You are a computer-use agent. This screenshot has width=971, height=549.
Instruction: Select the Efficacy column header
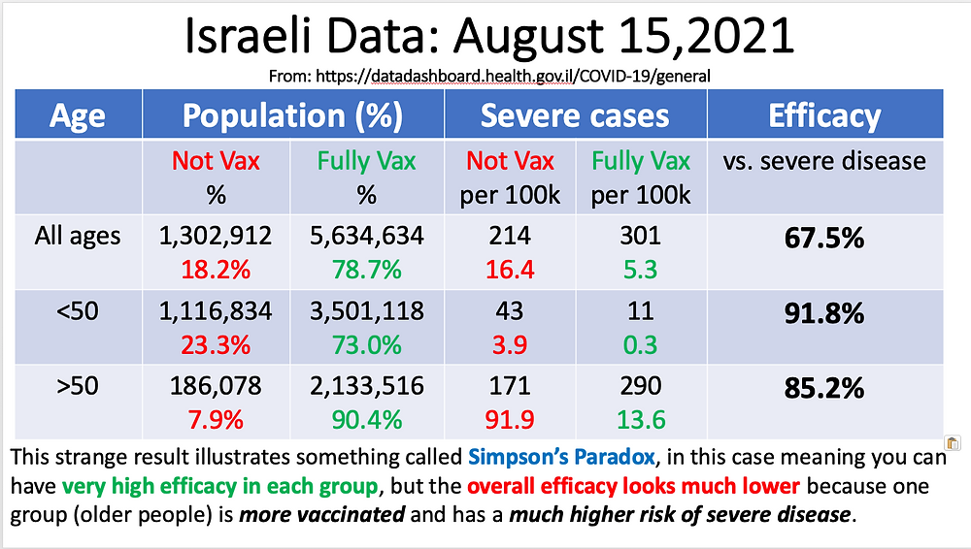pyautogui.click(x=824, y=116)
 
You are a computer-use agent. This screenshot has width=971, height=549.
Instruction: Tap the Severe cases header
pyautogui.click(x=575, y=116)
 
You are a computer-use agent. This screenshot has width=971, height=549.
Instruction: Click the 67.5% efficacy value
pyautogui.click(x=824, y=238)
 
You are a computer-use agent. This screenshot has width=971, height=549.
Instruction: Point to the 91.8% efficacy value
pyautogui.click(x=824, y=314)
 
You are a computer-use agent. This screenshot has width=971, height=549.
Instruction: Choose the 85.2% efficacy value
pyautogui.click(x=824, y=389)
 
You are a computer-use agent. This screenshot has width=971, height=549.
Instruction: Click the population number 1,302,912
pyautogui.click(x=215, y=235)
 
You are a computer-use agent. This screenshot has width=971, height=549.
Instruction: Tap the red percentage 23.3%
pyautogui.click(x=215, y=343)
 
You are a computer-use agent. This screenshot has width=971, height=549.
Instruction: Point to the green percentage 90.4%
pyautogui.click(x=366, y=419)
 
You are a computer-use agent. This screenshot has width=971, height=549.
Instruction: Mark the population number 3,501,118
pyautogui.click(x=366, y=310)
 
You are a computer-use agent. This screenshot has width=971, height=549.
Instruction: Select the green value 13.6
pyautogui.click(x=641, y=419)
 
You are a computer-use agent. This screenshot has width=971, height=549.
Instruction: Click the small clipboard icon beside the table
pyautogui.click(x=953, y=442)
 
